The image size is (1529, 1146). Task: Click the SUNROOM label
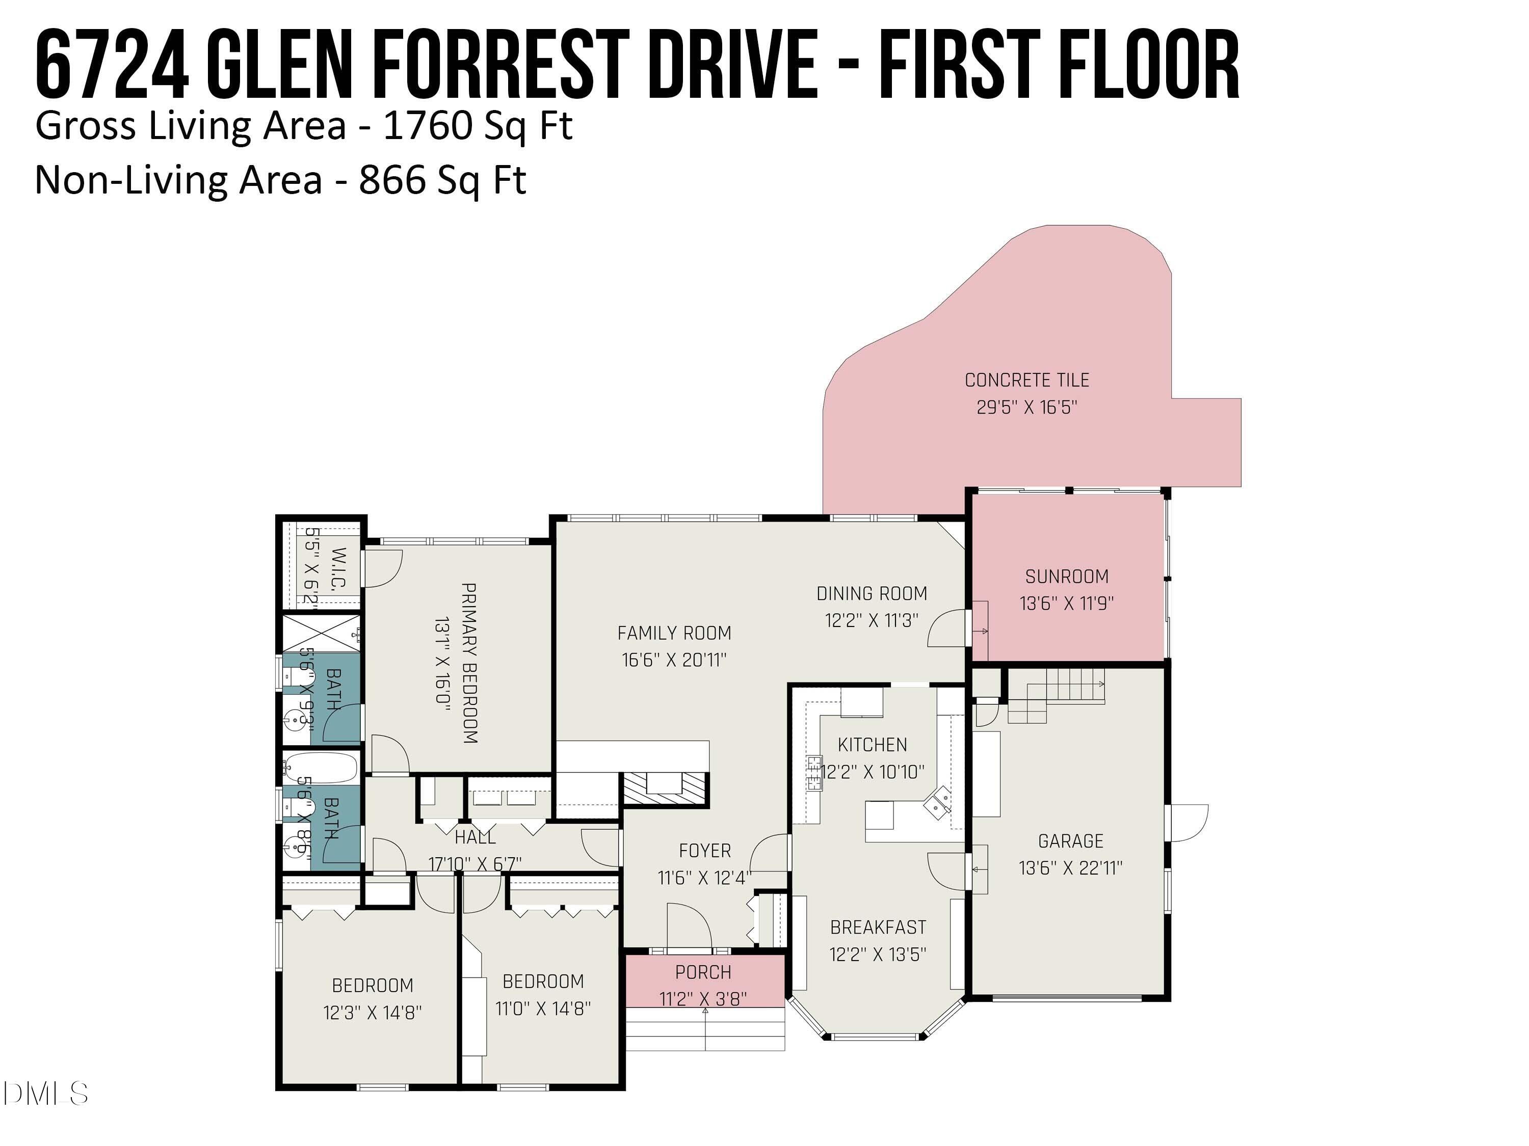pos(1067,576)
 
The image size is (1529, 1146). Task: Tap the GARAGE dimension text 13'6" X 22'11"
pos(1070,867)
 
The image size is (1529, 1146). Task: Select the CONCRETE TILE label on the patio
pos(1026,380)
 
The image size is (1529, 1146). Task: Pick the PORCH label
pos(703,972)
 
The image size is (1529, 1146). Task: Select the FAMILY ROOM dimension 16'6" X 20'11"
pos(674,660)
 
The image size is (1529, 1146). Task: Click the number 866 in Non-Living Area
pos(392,180)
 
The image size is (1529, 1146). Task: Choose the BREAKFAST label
pos(878,927)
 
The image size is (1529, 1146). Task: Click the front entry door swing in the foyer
pos(689,925)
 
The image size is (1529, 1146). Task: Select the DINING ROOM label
pos(872,593)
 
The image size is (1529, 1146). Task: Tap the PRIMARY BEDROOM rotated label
pos(469,663)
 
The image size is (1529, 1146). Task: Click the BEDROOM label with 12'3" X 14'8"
pos(373,985)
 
